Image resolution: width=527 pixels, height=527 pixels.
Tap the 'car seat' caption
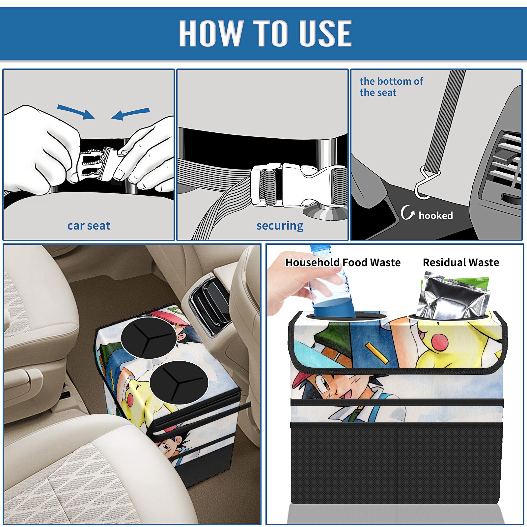[x=89, y=226]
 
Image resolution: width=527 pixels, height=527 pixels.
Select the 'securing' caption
[x=280, y=226]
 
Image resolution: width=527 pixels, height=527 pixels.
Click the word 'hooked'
[x=436, y=215]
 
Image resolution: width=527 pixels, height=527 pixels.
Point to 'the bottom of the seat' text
[x=391, y=87]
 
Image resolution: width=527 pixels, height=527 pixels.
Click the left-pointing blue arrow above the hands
[x=131, y=114]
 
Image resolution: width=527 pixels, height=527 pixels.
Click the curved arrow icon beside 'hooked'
[x=407, y=213]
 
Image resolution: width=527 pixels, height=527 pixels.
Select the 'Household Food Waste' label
[x=343, y=263]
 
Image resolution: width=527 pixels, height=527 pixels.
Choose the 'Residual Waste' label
[x=461, y=263]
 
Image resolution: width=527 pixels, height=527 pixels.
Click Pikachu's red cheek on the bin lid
[x=440, y=342]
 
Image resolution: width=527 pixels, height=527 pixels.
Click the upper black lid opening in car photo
[x=149, y=338]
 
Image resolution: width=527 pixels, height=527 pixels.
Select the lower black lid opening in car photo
[x=179, y=382]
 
